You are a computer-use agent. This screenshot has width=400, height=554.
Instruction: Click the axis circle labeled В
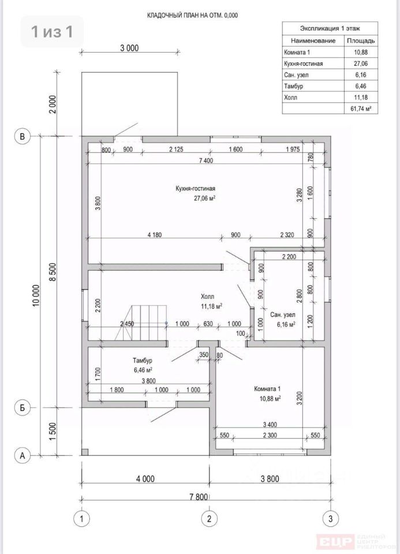[23, 136]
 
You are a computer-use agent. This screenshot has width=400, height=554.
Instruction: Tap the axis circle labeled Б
[23, 408]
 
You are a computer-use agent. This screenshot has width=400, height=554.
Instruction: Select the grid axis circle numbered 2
[209, 519]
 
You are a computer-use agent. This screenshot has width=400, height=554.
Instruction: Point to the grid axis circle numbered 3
[330, 519]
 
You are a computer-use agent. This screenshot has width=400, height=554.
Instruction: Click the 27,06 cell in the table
[360, 63]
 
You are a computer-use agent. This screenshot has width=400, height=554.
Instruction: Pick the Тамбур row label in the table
[293, 86]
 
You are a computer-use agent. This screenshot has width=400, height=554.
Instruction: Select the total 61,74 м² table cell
[361, 108]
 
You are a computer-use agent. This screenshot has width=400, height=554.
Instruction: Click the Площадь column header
[361, 40]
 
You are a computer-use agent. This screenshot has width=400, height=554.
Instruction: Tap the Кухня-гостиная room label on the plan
[196, 189]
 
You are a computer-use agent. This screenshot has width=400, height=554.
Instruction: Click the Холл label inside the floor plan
[207, 297]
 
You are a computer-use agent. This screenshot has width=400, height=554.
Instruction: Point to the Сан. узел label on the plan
[283, 315]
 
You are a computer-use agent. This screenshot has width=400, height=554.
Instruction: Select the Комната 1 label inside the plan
[267, 389]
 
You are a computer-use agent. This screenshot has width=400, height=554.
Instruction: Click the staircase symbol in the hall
[141, 323]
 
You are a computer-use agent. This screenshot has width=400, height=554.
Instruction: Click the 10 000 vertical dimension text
[36, 295]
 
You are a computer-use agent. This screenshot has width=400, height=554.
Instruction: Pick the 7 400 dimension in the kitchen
[206, 160]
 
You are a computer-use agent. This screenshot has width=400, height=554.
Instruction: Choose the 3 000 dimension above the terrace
[129, 48]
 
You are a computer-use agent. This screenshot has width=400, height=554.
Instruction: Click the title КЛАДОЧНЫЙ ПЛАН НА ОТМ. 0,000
[193, 16]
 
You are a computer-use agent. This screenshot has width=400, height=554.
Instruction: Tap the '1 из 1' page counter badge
[53, 31]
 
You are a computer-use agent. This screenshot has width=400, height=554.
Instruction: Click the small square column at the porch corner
[85, 452]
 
